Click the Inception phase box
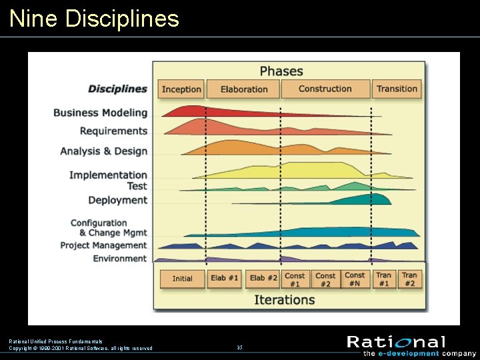click(x=181, y=89)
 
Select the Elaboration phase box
click(x=243, y=89)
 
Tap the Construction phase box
click(x=325, y=89)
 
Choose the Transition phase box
click(x=397, y=89)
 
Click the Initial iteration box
click(x=182, y=279)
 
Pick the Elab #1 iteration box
click(x=225, y=279)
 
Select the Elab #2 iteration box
click(x=263, y=279)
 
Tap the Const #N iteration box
click(x=355, y=279)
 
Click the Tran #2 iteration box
click(x=409, y=279)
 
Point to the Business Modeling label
click(x=100, y=113)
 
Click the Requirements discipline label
click(x=113, y=131)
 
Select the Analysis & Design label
click(x=103, y=151)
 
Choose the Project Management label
click(x=103, y=245)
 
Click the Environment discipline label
click(x=120, y=259)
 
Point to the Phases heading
click(x=281, y=71)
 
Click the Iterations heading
click(x=284, y=299)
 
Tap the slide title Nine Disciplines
click(x=95, y=19)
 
